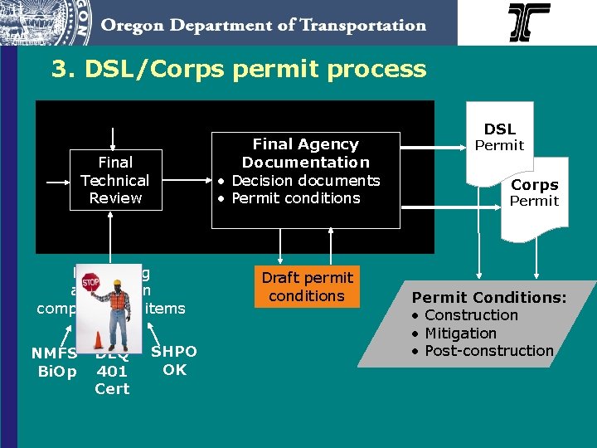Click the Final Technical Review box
coord(114,180)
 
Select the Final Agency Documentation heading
coord(305,153)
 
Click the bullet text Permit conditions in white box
coord(295,198)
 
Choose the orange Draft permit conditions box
coord(307,287)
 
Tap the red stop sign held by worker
coord(90,281)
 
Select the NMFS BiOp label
coord(55,362)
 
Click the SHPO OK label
coord(174,361)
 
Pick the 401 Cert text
coord(112,380)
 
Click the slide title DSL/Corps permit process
coord(239,69)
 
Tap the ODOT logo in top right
coord(529,22)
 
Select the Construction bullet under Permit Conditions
coord(470,315)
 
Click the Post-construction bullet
coord(488,351)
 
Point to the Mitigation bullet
coord(460,334)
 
